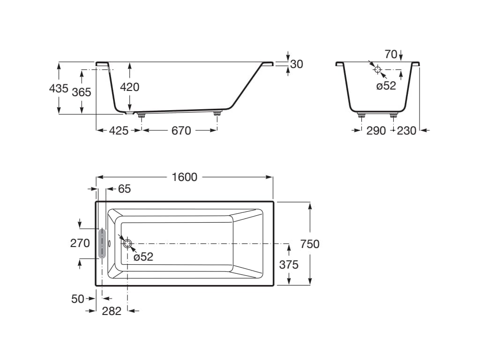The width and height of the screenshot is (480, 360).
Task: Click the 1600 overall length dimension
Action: click(185, 177)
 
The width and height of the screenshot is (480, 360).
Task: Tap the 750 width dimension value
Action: click(310, 244)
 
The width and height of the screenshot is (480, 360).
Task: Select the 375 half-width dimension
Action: click(289, 264)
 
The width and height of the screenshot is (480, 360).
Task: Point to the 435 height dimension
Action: click(59, 88)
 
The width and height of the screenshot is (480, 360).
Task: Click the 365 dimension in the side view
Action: click(82, 92)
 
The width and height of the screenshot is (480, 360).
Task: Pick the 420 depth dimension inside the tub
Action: click(130, 87)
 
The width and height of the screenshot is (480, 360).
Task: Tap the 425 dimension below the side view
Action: click(119, 131)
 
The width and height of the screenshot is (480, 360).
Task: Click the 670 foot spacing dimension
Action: click(181, 131)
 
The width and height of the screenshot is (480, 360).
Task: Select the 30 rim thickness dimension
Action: click(296, 64)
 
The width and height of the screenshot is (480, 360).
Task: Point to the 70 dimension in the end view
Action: click(390, 54)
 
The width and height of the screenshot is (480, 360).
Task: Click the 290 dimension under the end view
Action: click(376, 131)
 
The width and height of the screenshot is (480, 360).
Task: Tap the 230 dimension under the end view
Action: click(406, 131)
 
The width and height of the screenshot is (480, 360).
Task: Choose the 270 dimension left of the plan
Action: click(80, 243)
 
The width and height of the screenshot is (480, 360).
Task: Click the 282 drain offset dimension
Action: click(112, 310)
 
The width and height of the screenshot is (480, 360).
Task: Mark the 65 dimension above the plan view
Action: click(124, 189)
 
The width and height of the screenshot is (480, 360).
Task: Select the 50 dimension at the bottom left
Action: click(78, 299)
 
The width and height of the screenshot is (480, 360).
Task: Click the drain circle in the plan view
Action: click(127, 243)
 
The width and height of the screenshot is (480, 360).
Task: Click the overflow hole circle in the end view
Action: click(378, 69)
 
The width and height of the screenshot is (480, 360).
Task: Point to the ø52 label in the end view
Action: click(386, 86)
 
